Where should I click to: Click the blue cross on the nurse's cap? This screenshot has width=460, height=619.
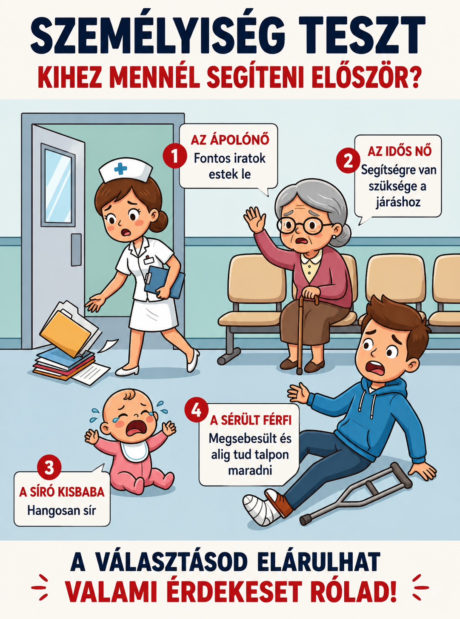pyautogui.click(x=120, y=168)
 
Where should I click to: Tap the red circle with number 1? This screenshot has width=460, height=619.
pyautogui.click(x=175, y=156)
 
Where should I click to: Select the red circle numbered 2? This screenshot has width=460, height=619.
pyautogui.click(x=348, y=161)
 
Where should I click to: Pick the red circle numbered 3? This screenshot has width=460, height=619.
pyautogui.click(x=49, y=468)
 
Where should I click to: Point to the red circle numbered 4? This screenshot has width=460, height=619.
pyautogui.click(x=197, y=411)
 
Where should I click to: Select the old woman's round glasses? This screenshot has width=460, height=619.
pyautogui.click(x=303, y=225)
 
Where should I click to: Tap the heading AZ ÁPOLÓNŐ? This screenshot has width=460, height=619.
pyautogui.click(x=230, y=140)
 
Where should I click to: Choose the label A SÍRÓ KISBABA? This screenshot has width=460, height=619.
pyautogui.click(x=62, y=492)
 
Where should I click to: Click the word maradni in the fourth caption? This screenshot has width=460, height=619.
pyautogui.click(x=250, y=471)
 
